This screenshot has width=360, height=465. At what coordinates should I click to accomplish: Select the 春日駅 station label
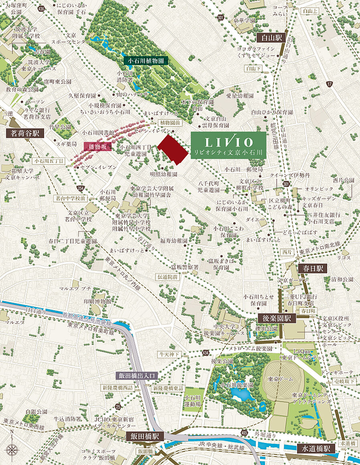312,268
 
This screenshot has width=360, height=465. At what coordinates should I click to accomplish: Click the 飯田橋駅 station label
144,436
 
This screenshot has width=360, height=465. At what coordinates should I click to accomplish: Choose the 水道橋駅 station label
317,449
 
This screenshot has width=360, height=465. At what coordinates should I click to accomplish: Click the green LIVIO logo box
228,145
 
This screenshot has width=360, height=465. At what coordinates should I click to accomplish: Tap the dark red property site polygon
173,149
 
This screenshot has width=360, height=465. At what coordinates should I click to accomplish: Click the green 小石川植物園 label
145,61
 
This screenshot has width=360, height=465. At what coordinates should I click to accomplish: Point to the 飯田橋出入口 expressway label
138,376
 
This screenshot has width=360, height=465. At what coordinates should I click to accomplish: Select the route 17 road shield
330,84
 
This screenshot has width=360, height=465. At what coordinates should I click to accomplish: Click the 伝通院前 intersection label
167,277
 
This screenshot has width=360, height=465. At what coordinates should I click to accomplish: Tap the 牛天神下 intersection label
170,354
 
